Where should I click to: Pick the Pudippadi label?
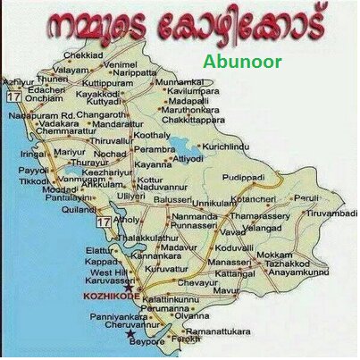click(x=244, y=179)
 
